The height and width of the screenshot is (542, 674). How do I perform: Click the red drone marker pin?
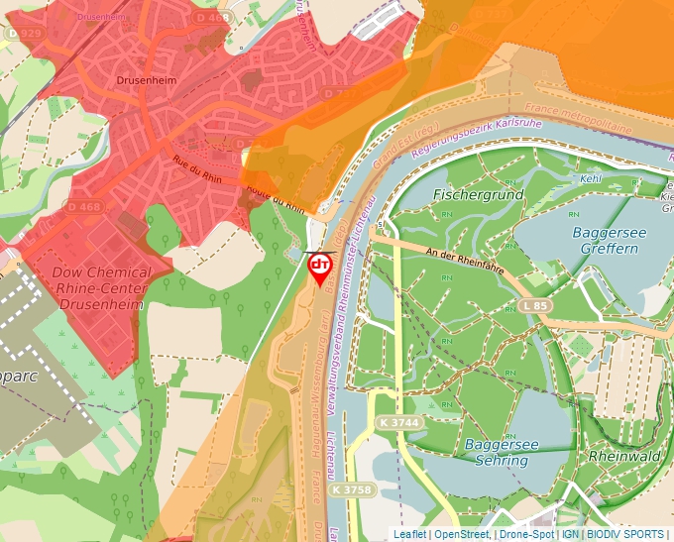coord(320,268)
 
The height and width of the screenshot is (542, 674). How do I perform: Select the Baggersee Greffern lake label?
coord(605,240)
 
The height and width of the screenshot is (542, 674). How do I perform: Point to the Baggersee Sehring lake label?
coord(502,453)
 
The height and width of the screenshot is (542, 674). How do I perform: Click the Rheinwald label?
coord(624,457)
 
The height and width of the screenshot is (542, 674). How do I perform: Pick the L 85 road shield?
coord(533,307)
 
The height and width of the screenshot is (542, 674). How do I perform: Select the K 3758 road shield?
coord(352,489)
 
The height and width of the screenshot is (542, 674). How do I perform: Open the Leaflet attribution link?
coord(409,534)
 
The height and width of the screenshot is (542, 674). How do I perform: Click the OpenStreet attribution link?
coord(463,534)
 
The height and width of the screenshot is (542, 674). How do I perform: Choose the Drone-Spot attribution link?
coord(525,534)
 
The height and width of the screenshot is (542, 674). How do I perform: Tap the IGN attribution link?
coord(571,534)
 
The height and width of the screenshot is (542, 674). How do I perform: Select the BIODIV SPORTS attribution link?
coord(625,534)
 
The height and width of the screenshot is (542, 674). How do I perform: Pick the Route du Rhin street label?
coord(275,195)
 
